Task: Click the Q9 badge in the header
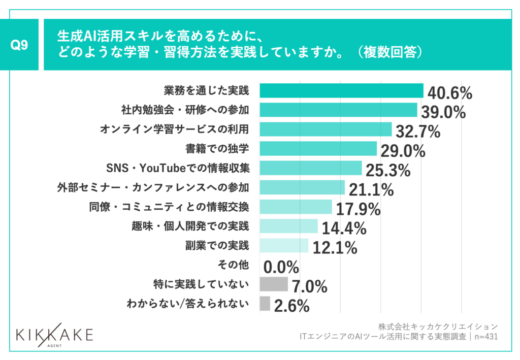coord(19,45)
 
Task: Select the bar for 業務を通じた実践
coord(341,90)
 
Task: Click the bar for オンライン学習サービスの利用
coord(326,129)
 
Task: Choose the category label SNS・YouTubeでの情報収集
coord(178,168)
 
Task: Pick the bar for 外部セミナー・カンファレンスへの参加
coord(302,187)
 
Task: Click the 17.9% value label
coord(357,209)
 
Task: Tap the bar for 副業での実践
coord(284,246)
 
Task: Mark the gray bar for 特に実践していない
coord(273,284)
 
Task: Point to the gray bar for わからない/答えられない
coord(265,304)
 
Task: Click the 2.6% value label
coord(291,306)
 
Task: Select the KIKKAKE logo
coord(55,335)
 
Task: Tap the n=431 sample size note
coord(485,336)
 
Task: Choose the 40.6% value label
coord(450,93)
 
